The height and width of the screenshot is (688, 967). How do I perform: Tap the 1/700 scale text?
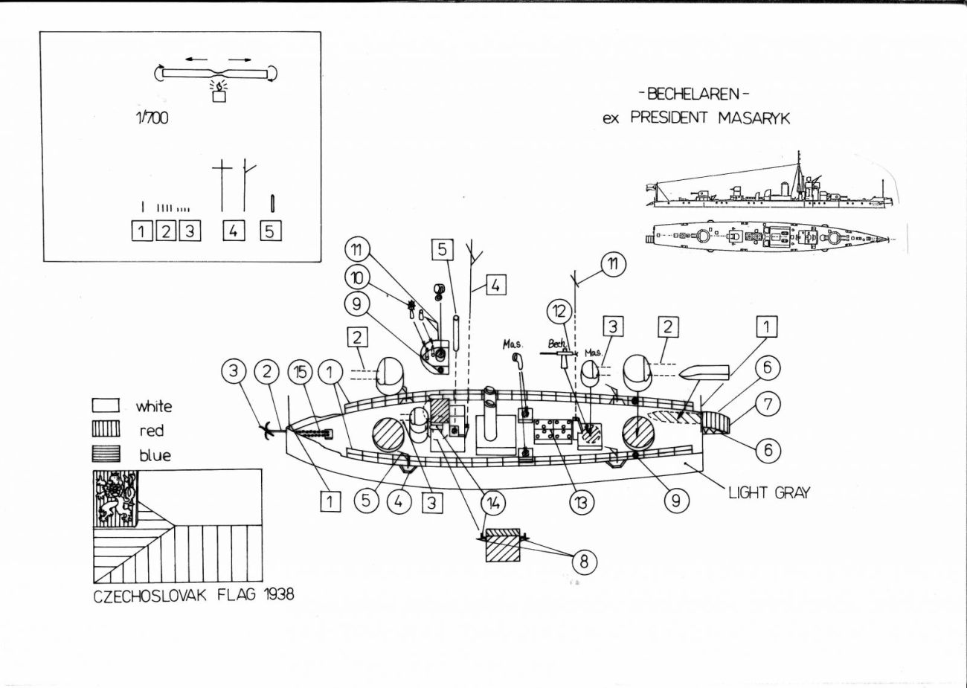(151, 118)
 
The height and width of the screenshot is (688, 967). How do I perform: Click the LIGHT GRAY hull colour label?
(768, 492)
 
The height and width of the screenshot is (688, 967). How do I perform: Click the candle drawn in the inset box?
(219, 94)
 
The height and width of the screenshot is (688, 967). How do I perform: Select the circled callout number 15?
(301, 372)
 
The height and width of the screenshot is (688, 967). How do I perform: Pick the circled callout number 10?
(357, 277)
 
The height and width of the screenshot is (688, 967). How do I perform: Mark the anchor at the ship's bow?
(265, 428)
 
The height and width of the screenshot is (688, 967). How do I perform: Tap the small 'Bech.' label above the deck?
(557, 344)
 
